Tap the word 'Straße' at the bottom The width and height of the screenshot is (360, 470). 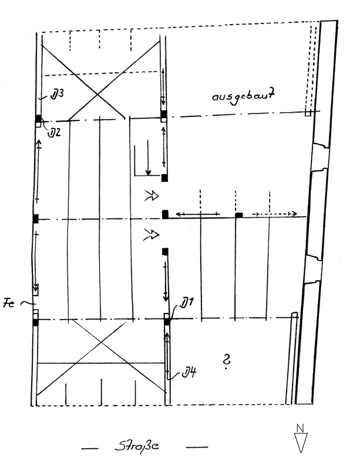(137, 446)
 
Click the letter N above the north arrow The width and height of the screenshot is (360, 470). (300, 428)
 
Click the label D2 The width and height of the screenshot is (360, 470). (55, 132)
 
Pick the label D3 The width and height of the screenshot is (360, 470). (57, 95)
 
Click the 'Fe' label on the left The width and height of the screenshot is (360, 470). (9, 304)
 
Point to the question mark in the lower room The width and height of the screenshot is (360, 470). (227, 361)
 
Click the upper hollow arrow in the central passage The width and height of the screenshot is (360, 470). (152, 196)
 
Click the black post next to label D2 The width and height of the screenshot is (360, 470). (38, 119)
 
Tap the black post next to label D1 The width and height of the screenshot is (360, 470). (167, 321)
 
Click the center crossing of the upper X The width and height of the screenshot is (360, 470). (97, 95)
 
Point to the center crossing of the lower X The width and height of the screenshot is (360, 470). (102, 343)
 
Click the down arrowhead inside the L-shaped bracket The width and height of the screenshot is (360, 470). (148, 172)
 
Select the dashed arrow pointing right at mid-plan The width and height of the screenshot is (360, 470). (275, 214)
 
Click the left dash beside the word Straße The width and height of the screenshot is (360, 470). (90, 448)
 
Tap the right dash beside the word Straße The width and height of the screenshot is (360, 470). (197, 447)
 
